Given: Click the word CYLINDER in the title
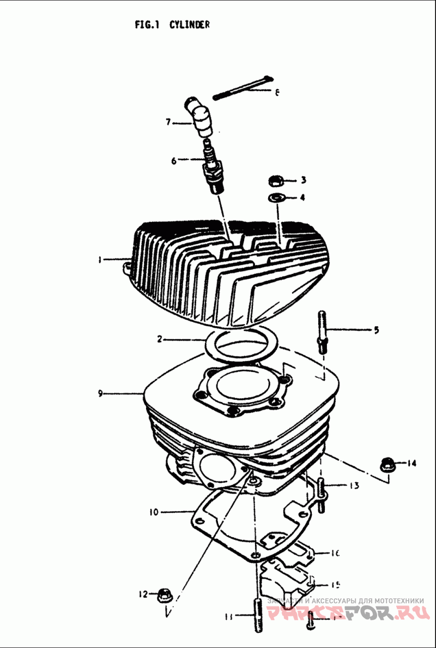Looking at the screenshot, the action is pyautogui.click(x=189, y=25).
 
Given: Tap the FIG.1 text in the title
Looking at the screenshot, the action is pyautogui.click(x=147, y=25).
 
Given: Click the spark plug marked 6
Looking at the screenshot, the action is pyautogui.click(x=213, y=166).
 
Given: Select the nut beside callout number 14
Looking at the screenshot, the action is pyautogui.click(x=387, y=465).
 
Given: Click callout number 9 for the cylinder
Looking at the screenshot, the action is pyautogui.click(x=100, y=393).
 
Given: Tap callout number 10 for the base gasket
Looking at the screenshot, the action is pyautogui.click(x=154, y=512).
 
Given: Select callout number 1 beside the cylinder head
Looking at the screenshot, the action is pyautogui.click(x=100, y=260).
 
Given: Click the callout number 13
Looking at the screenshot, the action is pyautogui.click(x=354, y=485).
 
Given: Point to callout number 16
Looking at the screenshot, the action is pyautogui.click(x=335, y=554).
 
